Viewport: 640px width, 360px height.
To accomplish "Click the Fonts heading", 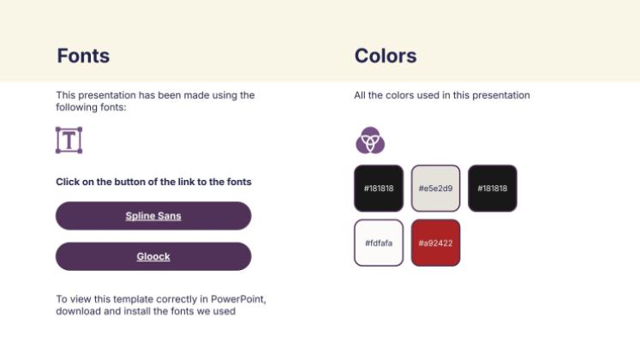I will pos(83,57).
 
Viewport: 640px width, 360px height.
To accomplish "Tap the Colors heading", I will pos(386,57).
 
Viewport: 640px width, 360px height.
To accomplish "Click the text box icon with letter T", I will pos(69,140).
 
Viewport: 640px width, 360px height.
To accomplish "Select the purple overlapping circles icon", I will pos(370,140).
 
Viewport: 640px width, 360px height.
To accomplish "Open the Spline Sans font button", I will pos(153,216).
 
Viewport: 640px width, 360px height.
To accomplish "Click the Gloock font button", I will pos(153,256).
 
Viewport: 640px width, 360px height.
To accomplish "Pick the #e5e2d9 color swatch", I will pos(435,188).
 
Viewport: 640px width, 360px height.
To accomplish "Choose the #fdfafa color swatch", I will pos(378,243).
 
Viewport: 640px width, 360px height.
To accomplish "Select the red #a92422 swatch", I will pos(435,243).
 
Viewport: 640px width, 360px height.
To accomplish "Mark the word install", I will pos(134,311).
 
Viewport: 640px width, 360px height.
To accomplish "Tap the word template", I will pos(128,299).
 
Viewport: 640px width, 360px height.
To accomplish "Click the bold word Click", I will pos(69,182).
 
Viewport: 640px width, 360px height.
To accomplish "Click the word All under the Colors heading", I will pos(360,95).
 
